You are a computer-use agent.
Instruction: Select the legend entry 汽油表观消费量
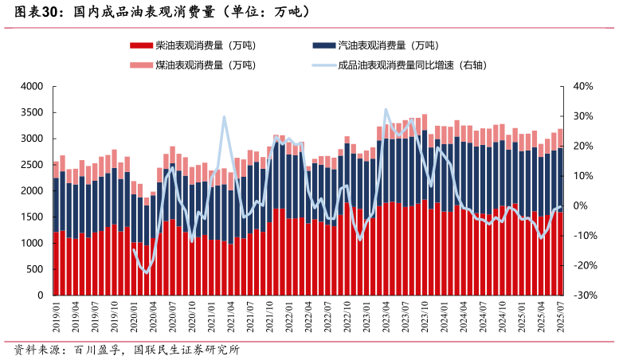(x=388, y=45)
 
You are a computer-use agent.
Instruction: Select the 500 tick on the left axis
(x=35, y=269)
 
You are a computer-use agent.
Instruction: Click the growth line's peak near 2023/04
(x=386, y=110)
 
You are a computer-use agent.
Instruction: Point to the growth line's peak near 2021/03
(x=224, y=117)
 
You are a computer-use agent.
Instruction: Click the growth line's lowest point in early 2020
(x=146, y=272)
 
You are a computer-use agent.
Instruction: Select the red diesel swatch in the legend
(x=140, y=45)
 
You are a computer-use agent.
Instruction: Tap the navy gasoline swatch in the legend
(x=323, y=45)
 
